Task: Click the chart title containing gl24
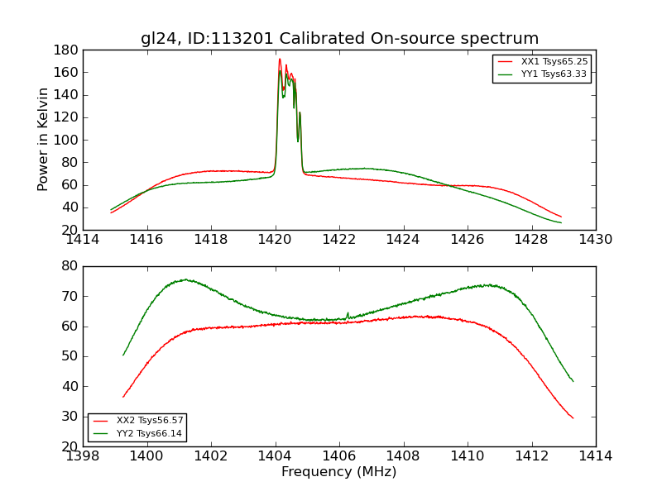[x=339, y=39]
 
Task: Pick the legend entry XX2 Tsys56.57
[x=150, y=421]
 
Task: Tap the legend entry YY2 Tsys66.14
[x=150, y=433]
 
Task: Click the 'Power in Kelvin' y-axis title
[x=43, y=140]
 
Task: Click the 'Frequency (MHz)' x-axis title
[x=339, y=472]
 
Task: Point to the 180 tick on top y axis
[x=65, y=50]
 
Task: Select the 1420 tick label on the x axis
[x=276, y=240]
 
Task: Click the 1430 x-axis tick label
[x=595, y=240]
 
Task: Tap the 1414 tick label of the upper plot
[x=84, y=240]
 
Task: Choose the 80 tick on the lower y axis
[x=70, y=266]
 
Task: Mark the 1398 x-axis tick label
[x=84, y=455]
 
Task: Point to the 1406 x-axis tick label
[x=339, y=455]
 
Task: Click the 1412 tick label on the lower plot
[x=531, y=455]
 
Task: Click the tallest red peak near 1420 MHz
[x=280, y=59]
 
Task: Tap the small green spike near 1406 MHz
[x=348, y=313]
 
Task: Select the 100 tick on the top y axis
[x=65, y=140]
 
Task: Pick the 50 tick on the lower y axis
[x=70, y=356]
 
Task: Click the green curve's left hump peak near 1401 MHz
[x=185, y=279]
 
